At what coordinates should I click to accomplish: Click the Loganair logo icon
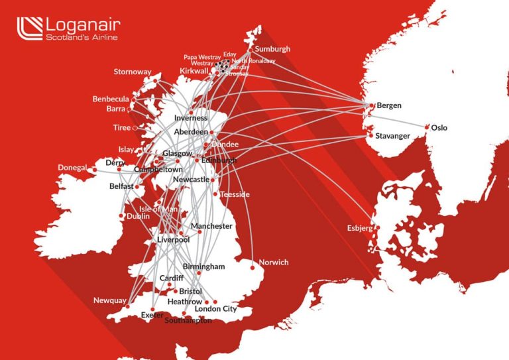29,29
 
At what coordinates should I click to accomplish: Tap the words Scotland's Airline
82,38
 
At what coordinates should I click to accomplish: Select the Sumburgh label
272,49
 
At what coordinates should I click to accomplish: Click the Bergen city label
389,105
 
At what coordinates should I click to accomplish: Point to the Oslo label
439,127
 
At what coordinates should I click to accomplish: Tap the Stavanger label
392,136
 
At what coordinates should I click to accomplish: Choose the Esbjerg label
361,228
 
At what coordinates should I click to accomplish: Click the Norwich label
274,262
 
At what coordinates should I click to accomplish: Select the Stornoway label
133,72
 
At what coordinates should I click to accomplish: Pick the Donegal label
72,168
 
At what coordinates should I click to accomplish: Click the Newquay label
109,300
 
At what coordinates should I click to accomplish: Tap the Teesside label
235,194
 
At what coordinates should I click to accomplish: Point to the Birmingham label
204,267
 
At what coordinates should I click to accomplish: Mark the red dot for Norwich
253,268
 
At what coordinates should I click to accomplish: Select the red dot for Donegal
94,170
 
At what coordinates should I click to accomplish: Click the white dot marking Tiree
135,128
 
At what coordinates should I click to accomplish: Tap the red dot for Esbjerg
378,228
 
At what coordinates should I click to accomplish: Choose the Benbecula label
111,99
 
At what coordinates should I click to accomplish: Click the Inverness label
191,118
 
